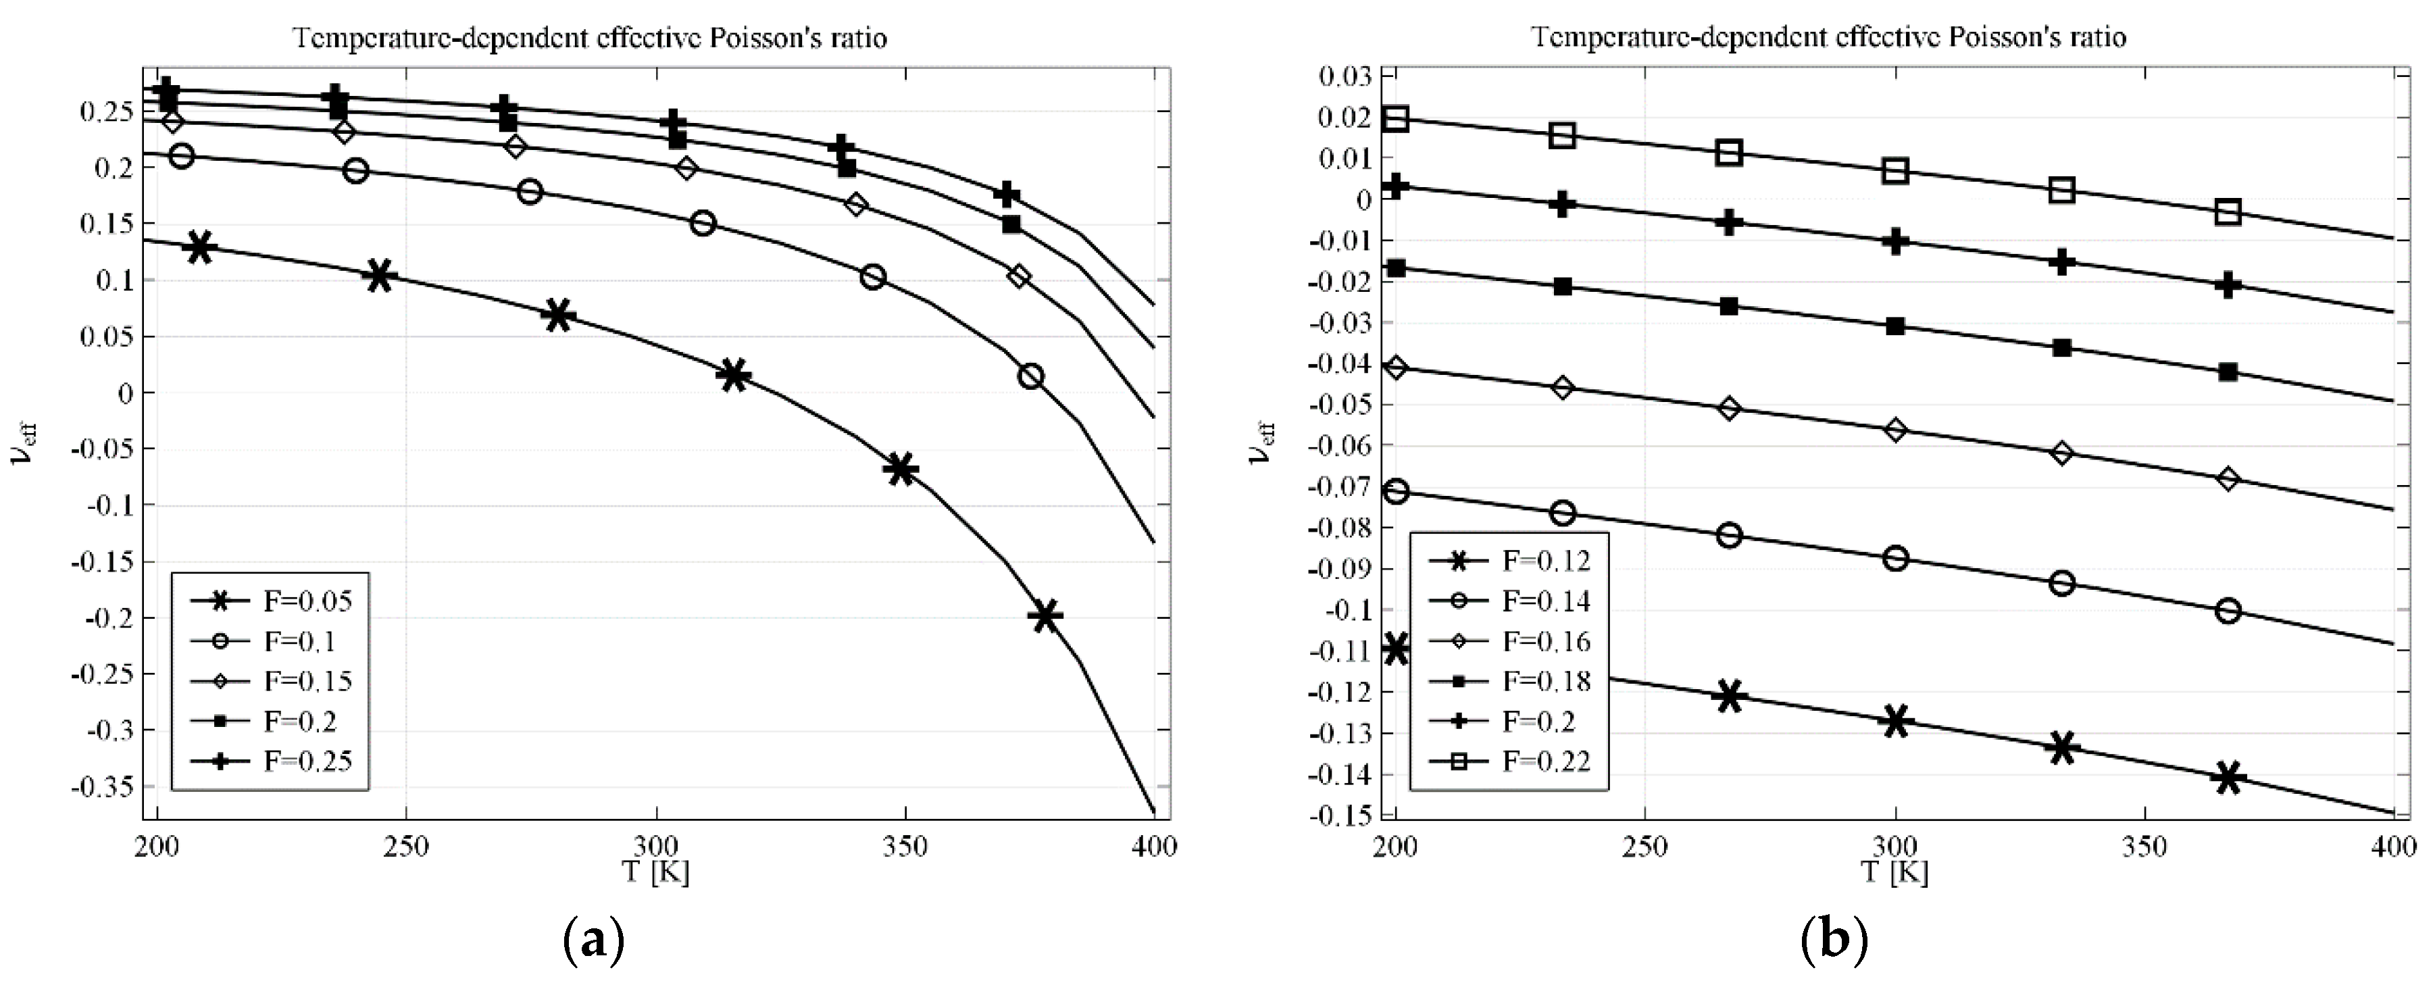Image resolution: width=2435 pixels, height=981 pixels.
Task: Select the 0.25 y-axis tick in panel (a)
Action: click(x=106, y=111)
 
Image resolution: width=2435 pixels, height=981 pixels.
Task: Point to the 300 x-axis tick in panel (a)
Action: click(x=656, y=847)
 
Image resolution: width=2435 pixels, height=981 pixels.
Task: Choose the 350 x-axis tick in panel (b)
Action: click(x=2144, y=847)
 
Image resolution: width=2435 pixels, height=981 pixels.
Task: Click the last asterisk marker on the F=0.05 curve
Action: click(x=1045, y=615)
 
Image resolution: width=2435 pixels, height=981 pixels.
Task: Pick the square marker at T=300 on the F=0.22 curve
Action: click(x=1894, y=171)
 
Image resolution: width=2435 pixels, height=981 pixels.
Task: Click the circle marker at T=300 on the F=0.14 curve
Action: click(x=1894, y=559)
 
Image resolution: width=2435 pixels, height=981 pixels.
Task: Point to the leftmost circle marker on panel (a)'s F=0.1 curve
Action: click(x=182, y=156)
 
